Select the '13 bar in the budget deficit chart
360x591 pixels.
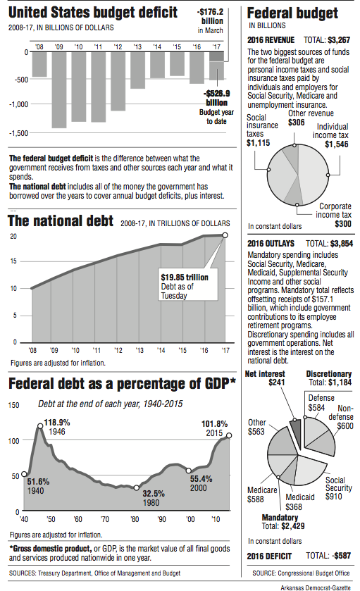(x=137, y=70)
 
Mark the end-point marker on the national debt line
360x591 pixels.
(x=225, y=235)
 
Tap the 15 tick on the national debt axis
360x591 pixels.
(x=13, y=262)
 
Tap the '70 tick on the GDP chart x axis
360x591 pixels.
(x=104, y=519)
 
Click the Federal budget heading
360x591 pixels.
(x=292, y=13)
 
